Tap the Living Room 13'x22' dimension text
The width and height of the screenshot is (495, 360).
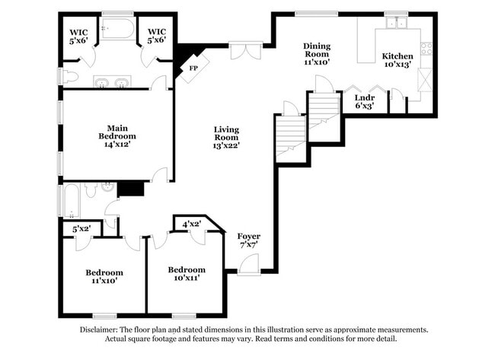(x=226, y=145)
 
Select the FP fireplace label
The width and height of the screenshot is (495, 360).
(x=193, y=68)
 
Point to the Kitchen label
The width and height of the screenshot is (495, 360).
(x=398, y=56)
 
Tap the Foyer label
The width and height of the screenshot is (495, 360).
(x=249, y=236)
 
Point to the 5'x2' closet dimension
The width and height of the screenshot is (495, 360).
(x=81, y=228)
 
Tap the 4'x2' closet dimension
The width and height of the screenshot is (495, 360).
(x=193, y=224)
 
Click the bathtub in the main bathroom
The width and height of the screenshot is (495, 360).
(x=117, y=29)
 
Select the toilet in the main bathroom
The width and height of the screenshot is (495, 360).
(x=69, y=76)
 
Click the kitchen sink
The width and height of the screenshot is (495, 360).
(x=396, y=23)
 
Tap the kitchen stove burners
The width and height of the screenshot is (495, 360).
(x=426, y=50)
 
